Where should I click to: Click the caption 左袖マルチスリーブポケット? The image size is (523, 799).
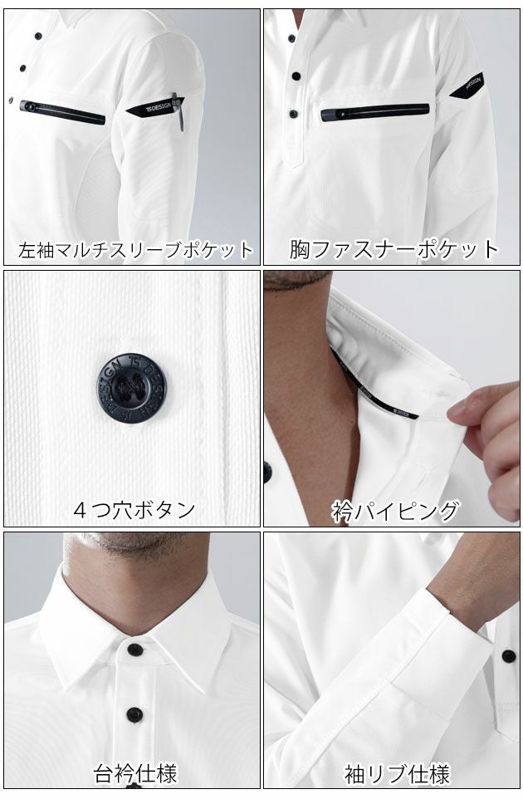[x=135, y=249]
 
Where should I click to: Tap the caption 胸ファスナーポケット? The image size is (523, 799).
[x=394, y=248]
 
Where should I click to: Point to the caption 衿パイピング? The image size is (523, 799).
[x=394, y=508]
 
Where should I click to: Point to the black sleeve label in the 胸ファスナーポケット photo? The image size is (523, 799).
[x=468, y=86]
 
